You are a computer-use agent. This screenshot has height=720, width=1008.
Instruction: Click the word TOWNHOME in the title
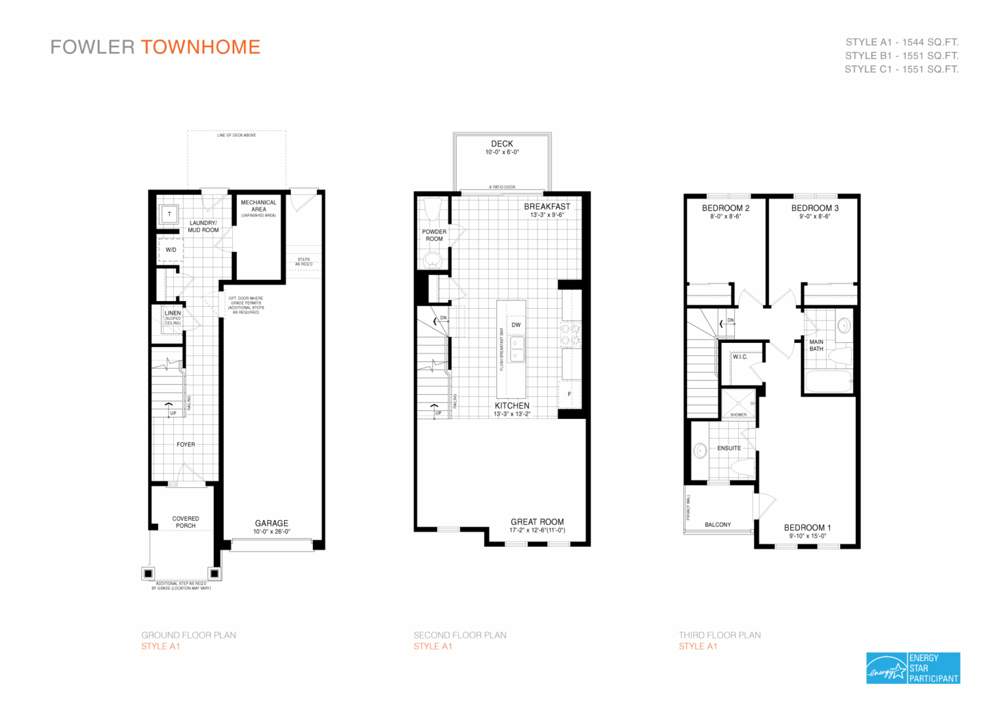click(200, 47)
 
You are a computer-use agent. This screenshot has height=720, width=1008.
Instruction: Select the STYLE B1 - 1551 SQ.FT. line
click(901, 56)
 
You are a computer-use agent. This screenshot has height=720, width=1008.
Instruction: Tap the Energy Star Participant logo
click(912, 668)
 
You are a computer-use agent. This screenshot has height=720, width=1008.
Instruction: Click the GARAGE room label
click(272, 523)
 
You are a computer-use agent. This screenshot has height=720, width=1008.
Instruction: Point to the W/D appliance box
click(171, 250)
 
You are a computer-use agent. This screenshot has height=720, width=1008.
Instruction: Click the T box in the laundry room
click(169, 214)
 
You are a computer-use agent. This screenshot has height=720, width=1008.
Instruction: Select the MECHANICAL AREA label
click(259, 206)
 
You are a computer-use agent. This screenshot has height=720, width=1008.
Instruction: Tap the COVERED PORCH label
click(186, 522)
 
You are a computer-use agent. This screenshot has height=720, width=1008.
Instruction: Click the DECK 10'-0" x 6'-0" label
click(502, 147)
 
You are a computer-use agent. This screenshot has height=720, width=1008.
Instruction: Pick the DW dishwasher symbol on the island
click(516, 325)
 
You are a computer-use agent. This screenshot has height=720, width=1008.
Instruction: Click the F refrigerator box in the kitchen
click(569, 394)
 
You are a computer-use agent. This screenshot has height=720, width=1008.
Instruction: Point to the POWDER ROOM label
click(434, 235)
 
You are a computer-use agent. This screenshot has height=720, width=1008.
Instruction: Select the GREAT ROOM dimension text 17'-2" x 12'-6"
click(537, 530)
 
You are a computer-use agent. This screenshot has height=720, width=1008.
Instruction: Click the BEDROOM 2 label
click(725, 209)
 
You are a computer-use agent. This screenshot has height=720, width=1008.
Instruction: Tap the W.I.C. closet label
click(740, 357)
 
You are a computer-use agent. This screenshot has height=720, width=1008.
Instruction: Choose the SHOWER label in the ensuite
click(738, 414)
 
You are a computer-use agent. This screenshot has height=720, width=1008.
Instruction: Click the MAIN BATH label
click(816, 346)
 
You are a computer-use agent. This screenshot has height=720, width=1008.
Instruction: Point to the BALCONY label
click(717, 525)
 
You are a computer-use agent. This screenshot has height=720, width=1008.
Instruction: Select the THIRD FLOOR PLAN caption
click(719, 635)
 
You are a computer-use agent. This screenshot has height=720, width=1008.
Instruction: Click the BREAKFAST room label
click(547, 207)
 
